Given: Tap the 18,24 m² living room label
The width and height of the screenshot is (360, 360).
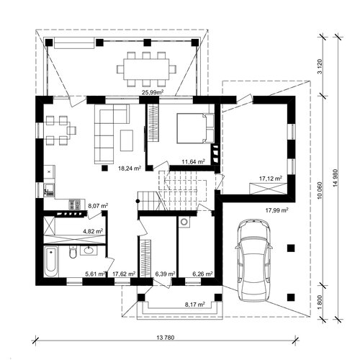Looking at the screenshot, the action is point(130,168).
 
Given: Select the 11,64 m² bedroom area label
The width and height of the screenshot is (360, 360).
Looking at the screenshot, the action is point(193,161).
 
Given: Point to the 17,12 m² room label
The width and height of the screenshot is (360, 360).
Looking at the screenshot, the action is point(271,179).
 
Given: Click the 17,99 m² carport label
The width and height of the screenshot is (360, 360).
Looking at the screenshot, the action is point(276,210).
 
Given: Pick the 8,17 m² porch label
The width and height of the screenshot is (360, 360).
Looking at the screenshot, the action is point(194,305).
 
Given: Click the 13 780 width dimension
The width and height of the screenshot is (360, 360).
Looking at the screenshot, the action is point(166,338).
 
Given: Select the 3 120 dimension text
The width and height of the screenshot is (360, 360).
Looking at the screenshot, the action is point(320,66).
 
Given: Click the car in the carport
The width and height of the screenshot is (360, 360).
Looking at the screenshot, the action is point(254,260).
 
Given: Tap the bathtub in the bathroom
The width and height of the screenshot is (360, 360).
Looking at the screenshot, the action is point(51,262).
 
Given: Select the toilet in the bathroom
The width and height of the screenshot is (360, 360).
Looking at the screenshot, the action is point(73,252).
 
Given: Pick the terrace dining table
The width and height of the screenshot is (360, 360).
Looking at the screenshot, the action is point(147,69).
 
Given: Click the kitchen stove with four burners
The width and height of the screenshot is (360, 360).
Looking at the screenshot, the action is point(74,204).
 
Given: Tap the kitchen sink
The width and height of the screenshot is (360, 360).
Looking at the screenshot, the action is point(49,189).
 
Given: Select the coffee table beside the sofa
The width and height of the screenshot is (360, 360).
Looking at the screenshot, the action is point(127,140).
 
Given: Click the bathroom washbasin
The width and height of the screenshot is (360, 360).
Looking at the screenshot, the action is point(89,251).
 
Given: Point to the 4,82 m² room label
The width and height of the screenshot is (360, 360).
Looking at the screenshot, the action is point(93,231).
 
